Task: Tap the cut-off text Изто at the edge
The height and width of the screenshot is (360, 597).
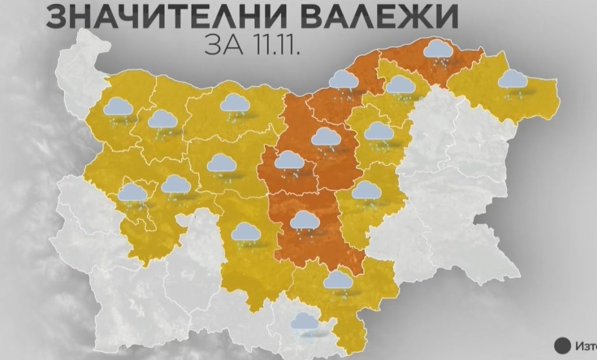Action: (585, 345)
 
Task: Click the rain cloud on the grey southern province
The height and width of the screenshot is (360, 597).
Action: (305, 323)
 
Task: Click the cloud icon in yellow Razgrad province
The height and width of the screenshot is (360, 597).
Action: (400, 85)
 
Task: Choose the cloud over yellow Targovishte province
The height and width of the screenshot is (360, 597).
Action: (378, 131)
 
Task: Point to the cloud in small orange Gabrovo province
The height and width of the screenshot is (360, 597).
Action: (288, 161)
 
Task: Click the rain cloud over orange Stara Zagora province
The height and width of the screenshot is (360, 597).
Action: (303, 221)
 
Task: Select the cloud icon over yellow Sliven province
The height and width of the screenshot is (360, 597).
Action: (366, 191)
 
